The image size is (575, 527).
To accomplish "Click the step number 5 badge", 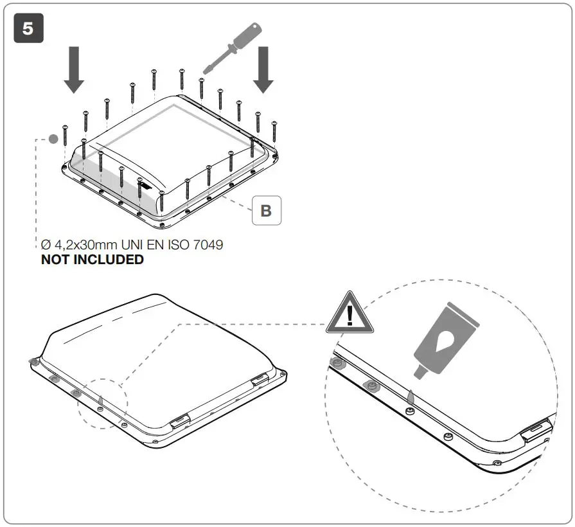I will (x=29, y=29).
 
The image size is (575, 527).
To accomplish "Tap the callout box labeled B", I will (x=266, y=210).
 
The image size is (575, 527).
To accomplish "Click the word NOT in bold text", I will (x=57, y=260).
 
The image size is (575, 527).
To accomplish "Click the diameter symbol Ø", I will (x=44, y=245).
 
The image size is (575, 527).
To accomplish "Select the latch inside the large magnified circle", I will (x=536, y=429).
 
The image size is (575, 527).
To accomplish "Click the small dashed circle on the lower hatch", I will (x=103, y=404).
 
